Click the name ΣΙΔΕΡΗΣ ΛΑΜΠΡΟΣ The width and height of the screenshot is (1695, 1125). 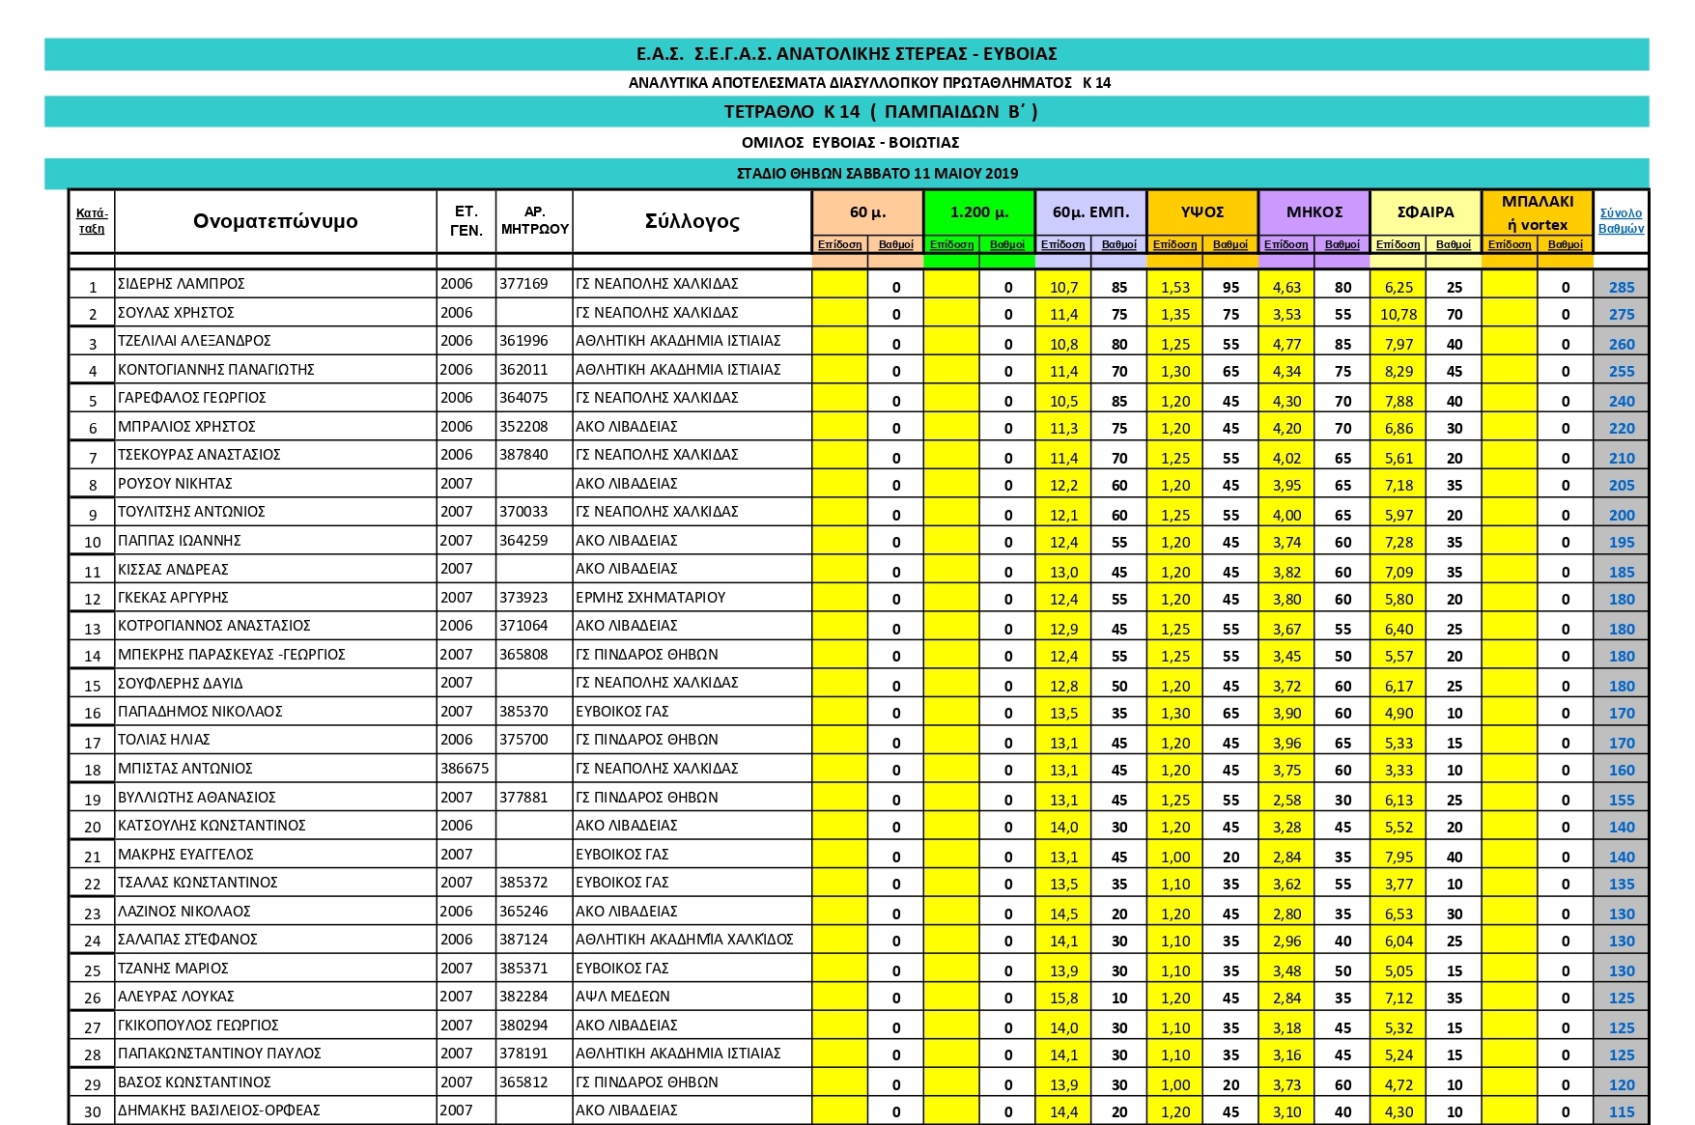tap(182, 284)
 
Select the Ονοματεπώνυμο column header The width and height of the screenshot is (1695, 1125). tap(275, 221)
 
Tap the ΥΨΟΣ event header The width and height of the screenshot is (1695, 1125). tap(1202, 211)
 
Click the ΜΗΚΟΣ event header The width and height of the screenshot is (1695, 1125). tap(1314, 211)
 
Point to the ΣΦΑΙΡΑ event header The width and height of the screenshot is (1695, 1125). tap(1426, 211)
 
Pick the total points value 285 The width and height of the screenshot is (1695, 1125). tap(1622, 287)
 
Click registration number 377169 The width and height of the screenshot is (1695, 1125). tap(523, 284)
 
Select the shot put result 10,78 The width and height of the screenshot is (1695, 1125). tap(1398, 315)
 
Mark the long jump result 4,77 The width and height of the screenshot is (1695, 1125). tap(1286, 344)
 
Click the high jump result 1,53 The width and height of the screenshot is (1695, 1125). tap(1175, 287)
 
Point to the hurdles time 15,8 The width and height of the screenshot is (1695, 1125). tap(1063, 998)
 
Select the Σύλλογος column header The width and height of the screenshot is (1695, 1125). tap(692, 221)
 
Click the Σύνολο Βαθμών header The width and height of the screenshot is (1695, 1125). tap(1621, 221)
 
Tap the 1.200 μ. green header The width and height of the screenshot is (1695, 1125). tap(979, 211)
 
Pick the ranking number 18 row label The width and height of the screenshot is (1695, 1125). tap(93, 771)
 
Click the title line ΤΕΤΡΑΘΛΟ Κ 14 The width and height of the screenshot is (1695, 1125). tap(846, 112)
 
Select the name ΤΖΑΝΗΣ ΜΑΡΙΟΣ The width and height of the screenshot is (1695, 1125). tap(173, 969)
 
